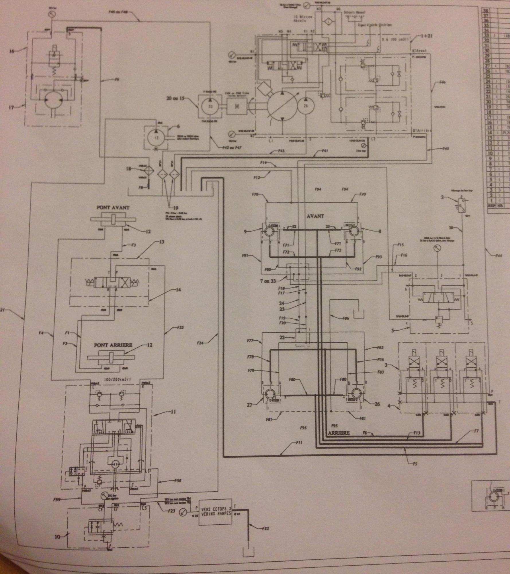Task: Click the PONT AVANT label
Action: (113, 208)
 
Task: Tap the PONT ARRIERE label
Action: (113, 345)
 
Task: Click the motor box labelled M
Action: (237, 106)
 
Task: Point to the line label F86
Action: (345, 318)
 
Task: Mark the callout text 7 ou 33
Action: (268, 280)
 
